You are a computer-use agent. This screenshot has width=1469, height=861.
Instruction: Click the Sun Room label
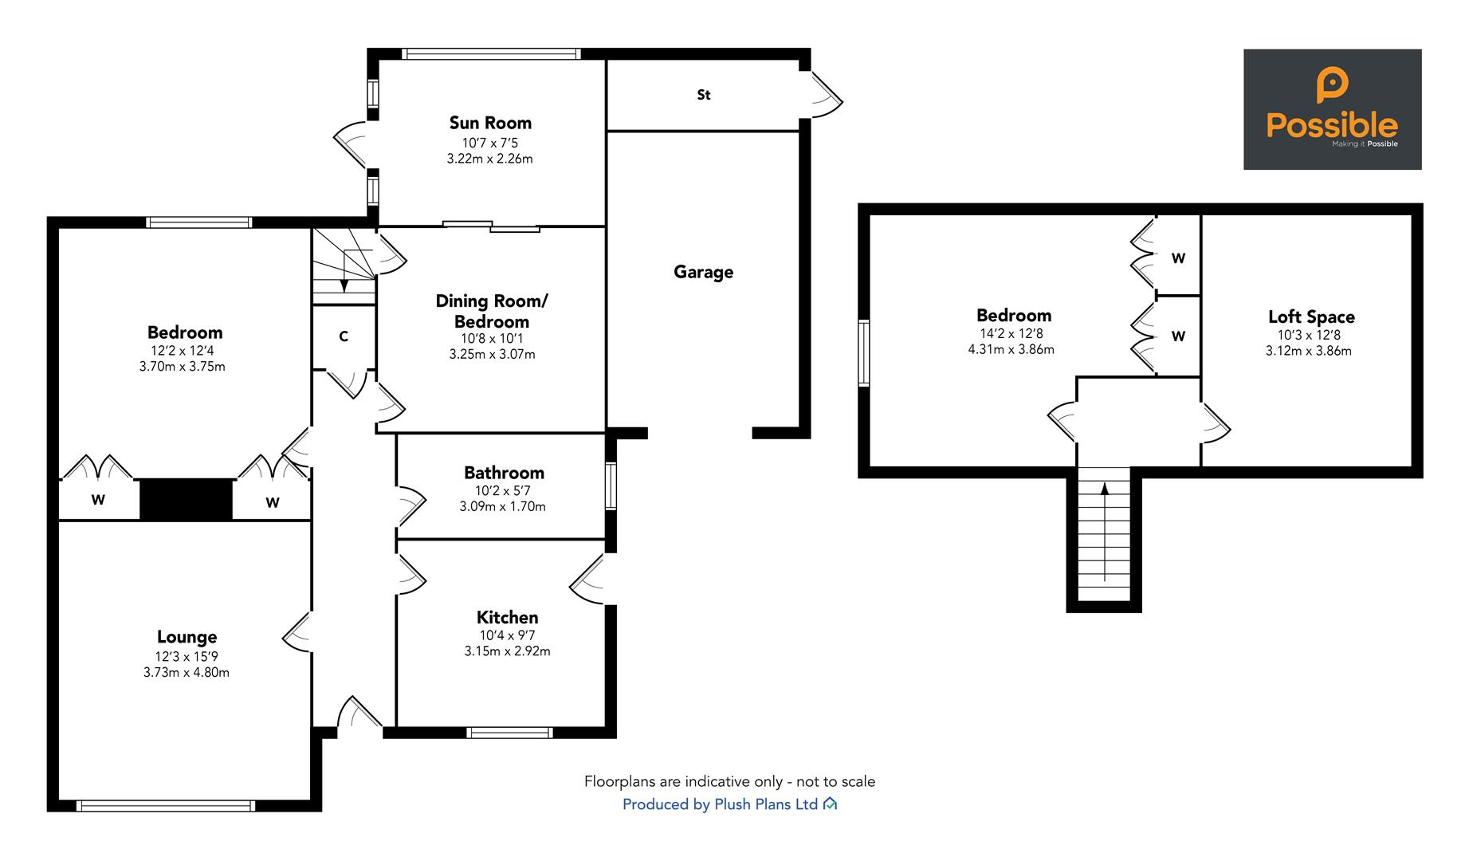(x=489, y=123)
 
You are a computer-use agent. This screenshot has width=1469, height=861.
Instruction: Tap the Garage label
(x=703, y=272)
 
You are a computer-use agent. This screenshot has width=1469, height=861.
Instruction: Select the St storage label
(x=703, y=95)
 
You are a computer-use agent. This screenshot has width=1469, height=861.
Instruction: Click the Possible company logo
(x=1332, y=109)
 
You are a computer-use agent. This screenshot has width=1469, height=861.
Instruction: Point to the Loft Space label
(x=1310, y=316)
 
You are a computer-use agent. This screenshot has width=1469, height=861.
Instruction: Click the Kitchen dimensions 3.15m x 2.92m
(x=507, y=651)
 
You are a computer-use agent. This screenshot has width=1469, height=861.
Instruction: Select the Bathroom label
(x=504, y=473)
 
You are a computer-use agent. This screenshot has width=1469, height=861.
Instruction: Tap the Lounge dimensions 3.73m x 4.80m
(x=186, y=672)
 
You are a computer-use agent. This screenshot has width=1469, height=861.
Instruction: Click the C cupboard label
(x=344, y=336)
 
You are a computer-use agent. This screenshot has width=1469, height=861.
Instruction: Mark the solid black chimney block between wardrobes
(x=186, y=500)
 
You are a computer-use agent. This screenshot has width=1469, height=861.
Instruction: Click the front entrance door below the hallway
(x=358, y=714)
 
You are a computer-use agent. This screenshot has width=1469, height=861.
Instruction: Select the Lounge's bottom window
(x=165, y=805)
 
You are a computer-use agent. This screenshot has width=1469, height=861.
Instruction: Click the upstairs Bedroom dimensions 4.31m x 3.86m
(x=1011, y=349)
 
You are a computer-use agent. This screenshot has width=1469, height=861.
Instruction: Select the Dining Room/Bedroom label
(x=491, y=311)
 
